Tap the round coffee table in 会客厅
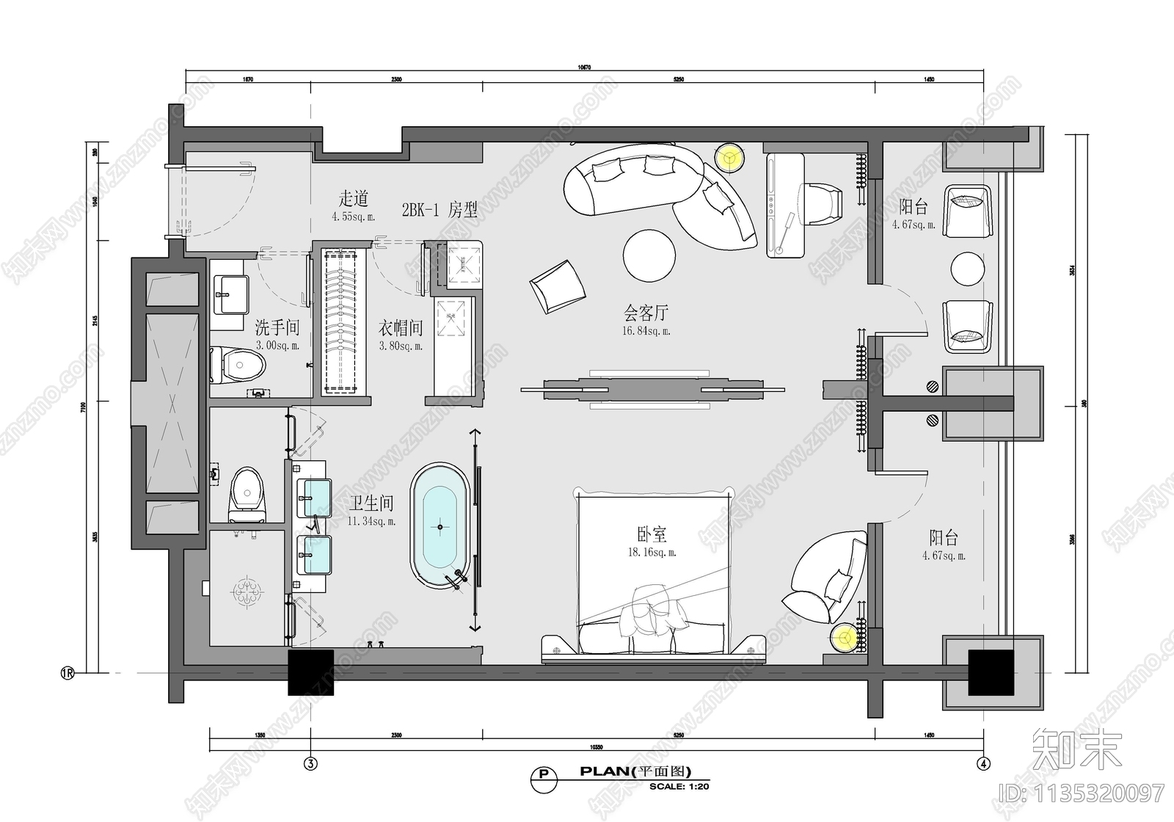pos(649,255)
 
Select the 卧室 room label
pos(652,534)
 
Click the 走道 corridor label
pos(353,198)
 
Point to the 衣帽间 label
pos(400,327)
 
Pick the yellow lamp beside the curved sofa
pos(729,156)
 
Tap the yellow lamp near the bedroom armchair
pos(845,637)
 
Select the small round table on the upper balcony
pos(967,269)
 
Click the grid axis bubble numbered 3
pos(310,764)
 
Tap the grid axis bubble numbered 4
pos(983,764)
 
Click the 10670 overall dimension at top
pos(583,68)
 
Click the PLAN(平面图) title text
pos(635,771)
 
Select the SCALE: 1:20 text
pos(679,786)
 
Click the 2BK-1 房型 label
pos(439,210)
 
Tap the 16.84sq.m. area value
pos(646,331)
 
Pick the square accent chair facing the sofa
pos(558,286)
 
